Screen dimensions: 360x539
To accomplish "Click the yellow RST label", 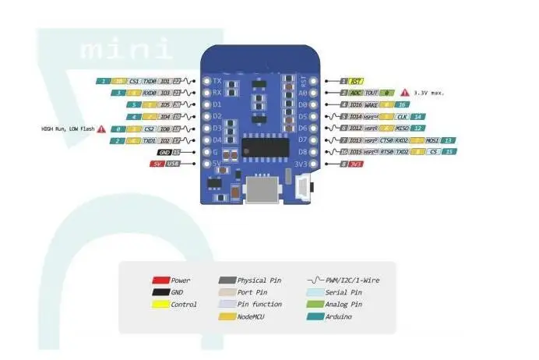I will point(356,80).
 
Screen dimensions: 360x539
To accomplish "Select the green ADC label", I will point(357,92).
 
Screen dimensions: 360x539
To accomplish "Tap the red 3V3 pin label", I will point(355,164).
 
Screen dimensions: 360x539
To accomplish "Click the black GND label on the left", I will point(164,152).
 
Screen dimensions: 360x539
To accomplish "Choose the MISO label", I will point(403,128).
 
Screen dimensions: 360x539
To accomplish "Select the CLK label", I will point(403,116).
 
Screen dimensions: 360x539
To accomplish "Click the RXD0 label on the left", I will point(150,92).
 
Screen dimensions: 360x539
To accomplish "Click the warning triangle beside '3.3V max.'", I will point(404,92).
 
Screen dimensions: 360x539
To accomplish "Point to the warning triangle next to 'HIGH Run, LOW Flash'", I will point(101,128).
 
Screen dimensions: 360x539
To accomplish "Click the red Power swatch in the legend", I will point(160,280).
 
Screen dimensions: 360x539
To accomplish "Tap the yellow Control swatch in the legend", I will point(160,305).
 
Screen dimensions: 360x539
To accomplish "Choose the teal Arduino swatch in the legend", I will point(316,317).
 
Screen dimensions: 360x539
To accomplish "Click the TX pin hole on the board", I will point(206,80).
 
